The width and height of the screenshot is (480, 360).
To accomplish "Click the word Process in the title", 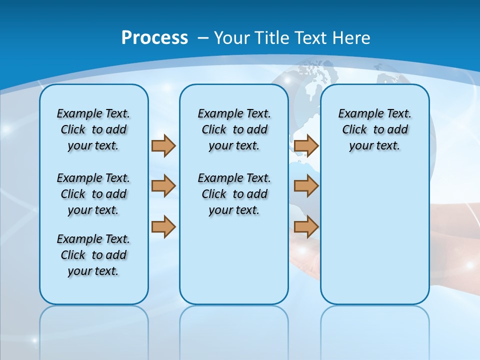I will point(154,37).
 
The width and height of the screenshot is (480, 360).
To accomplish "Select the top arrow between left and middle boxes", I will point(163,145).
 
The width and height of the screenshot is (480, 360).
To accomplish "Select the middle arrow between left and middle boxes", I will point(163,186).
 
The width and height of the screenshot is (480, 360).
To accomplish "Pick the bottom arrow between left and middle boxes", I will point(163,227).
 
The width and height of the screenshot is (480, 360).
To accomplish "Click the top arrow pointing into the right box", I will point(306,145).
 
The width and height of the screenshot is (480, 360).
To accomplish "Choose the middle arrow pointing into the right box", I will point(306,186).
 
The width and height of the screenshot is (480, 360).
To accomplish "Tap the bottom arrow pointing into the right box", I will point(306,227).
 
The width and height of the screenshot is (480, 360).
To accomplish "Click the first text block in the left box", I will point(93,129).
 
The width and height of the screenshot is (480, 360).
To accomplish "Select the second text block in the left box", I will point(93,194).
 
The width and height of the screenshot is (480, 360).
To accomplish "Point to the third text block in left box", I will point(93,255).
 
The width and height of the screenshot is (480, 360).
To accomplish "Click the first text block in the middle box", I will point(234,129).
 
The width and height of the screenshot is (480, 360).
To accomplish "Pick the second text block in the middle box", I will point(234,194).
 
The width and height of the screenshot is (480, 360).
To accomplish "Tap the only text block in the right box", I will point(375,129).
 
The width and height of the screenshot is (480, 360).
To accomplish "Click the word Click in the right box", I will point(354,129).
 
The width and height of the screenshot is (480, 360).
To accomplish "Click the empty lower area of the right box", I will point(375,240).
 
